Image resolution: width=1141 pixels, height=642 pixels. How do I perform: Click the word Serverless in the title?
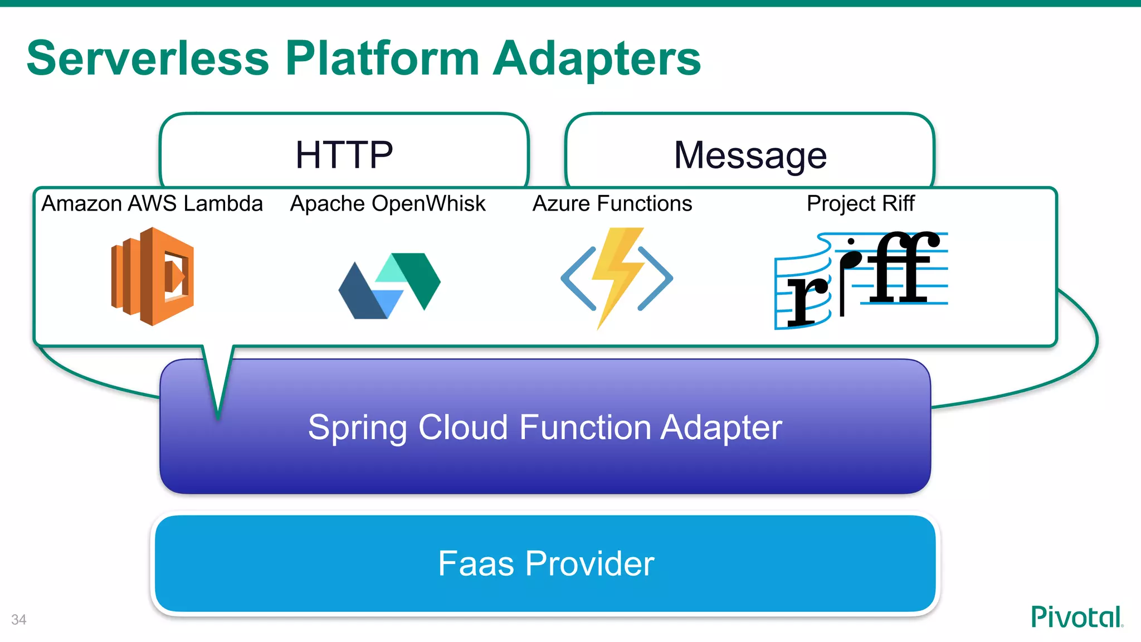[148, 59]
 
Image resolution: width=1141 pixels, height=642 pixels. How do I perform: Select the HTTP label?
[344, 155]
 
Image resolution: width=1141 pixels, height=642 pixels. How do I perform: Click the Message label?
[750, 155]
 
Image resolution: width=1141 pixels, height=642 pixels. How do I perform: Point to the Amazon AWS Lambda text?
[152, 203]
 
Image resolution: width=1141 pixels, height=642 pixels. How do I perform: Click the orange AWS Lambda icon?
[153, 276]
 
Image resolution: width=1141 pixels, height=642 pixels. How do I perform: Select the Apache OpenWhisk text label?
[388, 203]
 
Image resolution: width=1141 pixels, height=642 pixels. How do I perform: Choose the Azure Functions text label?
[612, 203]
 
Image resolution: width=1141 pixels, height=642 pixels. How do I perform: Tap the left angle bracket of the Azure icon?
[577, 278]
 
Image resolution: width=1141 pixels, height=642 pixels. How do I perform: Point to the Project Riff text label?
[860, 203]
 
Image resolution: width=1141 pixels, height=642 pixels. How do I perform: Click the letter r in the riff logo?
[806, 301]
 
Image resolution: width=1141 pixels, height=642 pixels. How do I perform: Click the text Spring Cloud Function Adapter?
[545, 427]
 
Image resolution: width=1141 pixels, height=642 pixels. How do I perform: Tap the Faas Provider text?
[546, 563]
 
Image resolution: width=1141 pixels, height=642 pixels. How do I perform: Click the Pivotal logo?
[1076, 617]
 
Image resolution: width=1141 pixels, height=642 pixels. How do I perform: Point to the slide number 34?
[18, 620]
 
